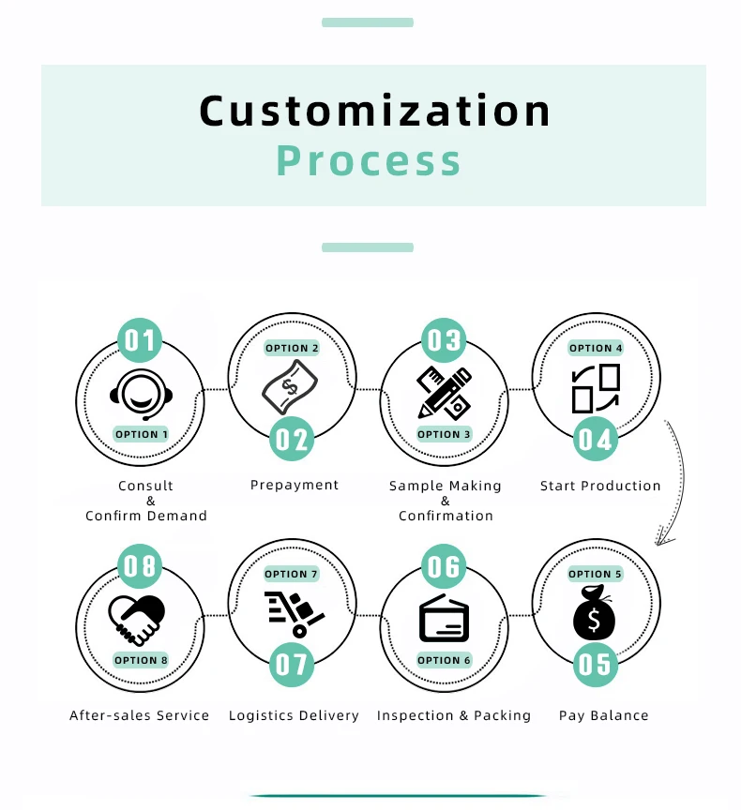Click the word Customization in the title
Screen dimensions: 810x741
(x=375, y=111)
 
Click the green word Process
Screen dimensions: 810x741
(x=369, y=160)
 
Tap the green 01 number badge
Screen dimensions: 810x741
(x=140, y=340)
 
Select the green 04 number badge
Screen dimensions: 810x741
(x=596, y=439)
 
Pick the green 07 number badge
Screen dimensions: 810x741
(x=292, y=665)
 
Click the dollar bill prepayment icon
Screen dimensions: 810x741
(x=290, y=387)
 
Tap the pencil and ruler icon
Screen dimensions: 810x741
(x=445, y=392)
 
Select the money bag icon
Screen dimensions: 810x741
(x=595, y=613)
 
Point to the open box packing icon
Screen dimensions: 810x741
(x=444, y=619)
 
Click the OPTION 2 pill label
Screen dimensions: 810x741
(x=292, y=348)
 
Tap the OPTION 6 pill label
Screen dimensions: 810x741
(x=444, y=660)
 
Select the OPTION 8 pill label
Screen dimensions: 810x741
(x=141, y=660)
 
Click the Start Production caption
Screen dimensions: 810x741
(x=600, y=486)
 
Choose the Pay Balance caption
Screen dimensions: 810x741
(x=603, y=715)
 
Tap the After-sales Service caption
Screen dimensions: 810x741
(x=140, y=715)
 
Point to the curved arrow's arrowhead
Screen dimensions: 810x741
(x=664, y=538)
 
